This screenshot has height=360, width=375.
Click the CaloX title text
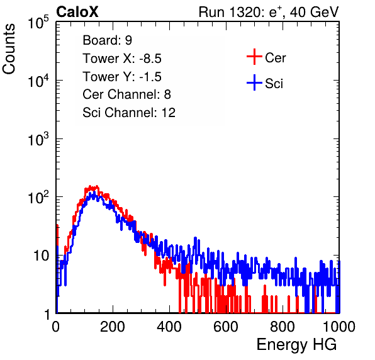coord(77,12)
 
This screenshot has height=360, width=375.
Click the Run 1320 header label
coord(269,12)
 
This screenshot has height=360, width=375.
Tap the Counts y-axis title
coord(9,49)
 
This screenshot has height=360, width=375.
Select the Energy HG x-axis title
coord(296,345)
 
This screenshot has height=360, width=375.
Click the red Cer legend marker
coord(254,57)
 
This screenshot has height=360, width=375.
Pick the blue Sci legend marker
coord(254,83)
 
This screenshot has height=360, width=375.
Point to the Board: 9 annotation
coord(107,40)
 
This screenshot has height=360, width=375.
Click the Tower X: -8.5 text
coord(122,59)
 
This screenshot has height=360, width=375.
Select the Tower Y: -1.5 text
coord(122,77)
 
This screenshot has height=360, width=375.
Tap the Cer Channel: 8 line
coord(126,94)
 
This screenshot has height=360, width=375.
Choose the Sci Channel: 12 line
coord(129,113)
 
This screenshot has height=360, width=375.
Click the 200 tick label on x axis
coord(113,327)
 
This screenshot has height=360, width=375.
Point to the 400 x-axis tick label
coord(169,327)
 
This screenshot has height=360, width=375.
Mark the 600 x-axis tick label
coord(226,327)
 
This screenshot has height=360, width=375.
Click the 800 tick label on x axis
coord(283,327)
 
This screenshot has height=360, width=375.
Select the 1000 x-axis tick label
coord(339,327)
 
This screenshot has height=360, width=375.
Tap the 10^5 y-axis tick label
coord(38,23)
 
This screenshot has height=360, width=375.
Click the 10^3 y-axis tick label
coord(38,140)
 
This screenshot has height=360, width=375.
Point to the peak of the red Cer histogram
coord(90,186)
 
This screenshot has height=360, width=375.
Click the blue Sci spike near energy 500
coord(196,238)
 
